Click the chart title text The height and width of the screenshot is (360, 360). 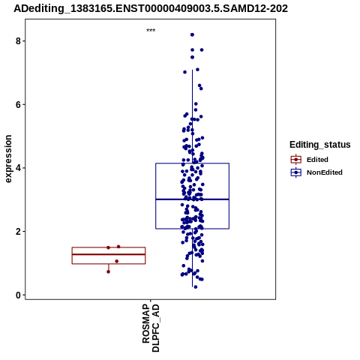point(151,8)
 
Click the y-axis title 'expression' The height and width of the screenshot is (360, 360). point(8,159)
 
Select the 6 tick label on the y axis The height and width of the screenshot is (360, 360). point(18,104)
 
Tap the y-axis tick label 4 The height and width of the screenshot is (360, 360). point(18,168)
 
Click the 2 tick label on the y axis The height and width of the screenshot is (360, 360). point(18,232)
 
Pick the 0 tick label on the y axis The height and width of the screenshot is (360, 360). point(18,295)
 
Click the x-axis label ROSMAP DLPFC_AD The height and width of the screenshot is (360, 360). point(151,328)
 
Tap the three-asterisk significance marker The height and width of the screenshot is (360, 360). point(151,31)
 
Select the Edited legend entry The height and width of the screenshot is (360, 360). point(317,160)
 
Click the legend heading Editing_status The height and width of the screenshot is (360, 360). point(320,145)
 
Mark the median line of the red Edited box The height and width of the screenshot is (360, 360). point(109,254)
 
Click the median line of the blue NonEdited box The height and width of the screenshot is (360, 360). point(193,199)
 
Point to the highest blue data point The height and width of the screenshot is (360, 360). point(192,34)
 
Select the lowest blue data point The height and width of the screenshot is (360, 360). point(196,287)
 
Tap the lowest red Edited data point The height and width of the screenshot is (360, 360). point(108,271)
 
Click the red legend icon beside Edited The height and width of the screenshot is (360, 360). point(296,160)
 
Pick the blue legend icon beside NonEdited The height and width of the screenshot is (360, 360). point(296,172)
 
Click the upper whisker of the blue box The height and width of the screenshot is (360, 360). point(193,116)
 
